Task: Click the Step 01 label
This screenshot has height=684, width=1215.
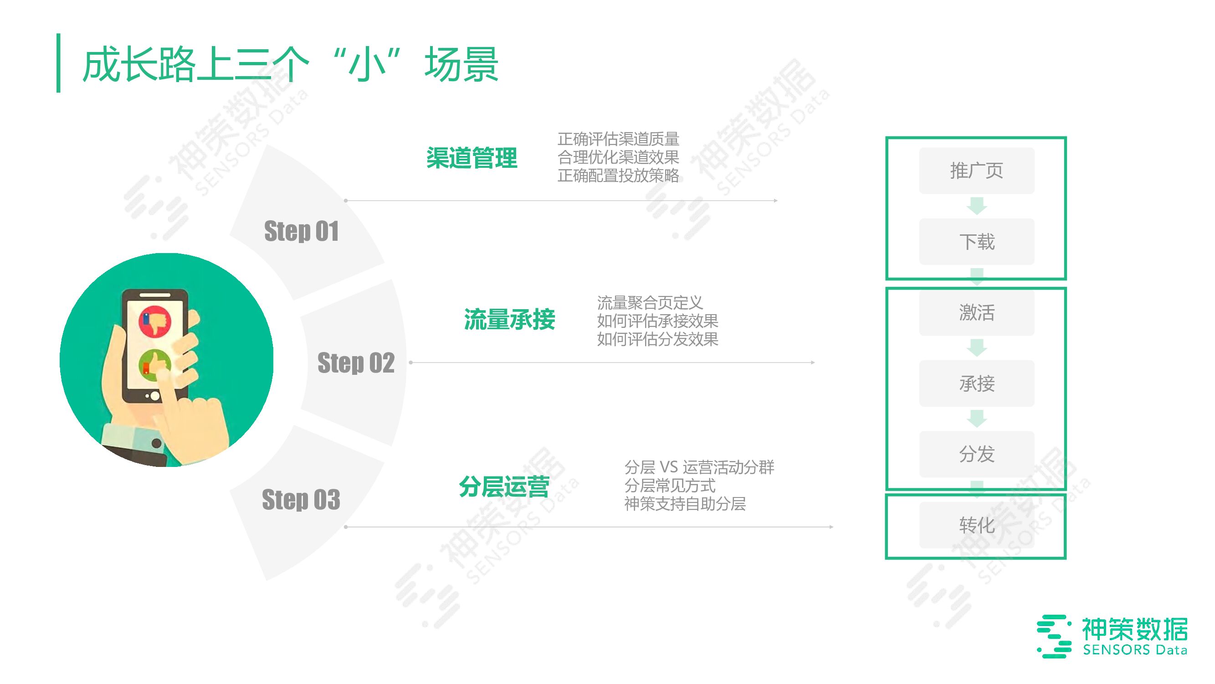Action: (x=302, y=231)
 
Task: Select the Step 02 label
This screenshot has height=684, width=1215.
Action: (x=356, y=363)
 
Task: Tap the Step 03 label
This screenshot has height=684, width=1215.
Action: (x=301, y=499)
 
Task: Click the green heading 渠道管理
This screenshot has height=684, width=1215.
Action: (x=472, y=158)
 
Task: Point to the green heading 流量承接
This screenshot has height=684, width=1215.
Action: (x=509, y=320)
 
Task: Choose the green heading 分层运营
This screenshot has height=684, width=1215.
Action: (x=504, y=487)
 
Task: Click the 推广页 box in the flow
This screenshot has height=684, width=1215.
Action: (x=976, y=171)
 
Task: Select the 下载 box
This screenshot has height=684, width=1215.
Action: (x=976, y=242)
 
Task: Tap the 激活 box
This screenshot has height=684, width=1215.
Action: (x=976, y=312)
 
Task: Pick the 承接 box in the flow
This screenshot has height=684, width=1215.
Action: (x=976, y=383)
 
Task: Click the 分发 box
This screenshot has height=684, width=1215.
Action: (x=976, y=454)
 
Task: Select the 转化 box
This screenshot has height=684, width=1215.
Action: (x=976, y=525)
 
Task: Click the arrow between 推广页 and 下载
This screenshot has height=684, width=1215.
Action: (x=976, y=206)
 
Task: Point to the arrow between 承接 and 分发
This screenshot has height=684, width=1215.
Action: (x=976, y=418)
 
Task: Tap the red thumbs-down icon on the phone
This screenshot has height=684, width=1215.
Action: (x=155, y=321)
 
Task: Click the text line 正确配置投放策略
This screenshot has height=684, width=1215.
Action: (x=618, y=176)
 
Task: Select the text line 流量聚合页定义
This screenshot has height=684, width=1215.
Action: (x=650, y=303)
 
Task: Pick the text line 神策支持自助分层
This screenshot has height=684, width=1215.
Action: (x=685, y=504)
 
